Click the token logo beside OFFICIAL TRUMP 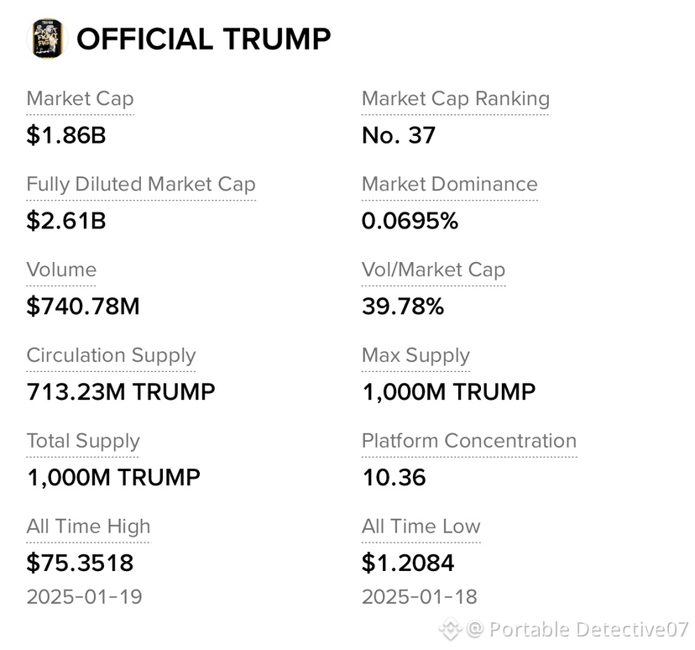click(48, 39)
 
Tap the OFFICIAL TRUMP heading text click(204, 39)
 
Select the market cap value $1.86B click(66, 135)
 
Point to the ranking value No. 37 click(399, 135)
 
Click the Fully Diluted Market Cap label click(141, 184)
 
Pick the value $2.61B click(66, 220)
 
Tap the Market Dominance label click(449, 184)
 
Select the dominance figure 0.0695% click(410, 220)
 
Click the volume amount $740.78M click(83, 306)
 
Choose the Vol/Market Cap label click(433, 270)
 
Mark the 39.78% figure click(402, 306)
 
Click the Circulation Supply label click(111, 355)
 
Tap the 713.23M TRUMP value click(121, 391)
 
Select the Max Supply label click(415, 355)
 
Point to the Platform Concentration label click(469, 441)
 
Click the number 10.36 click(394, 477)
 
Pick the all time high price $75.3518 click(80, 563)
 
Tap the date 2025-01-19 click(84, 597)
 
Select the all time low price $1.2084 click(408, 563)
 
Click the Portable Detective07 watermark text click(588, 629)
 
